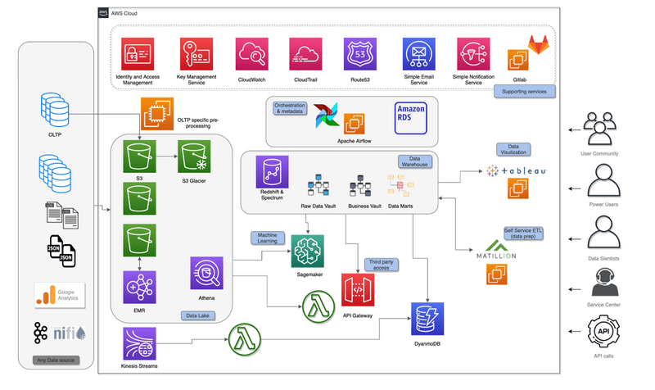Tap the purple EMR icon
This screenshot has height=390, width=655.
136,288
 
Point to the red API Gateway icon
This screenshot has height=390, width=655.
358,291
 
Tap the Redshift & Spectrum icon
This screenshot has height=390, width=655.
271,172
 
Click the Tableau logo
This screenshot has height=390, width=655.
516,171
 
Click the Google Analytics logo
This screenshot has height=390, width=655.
59,296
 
